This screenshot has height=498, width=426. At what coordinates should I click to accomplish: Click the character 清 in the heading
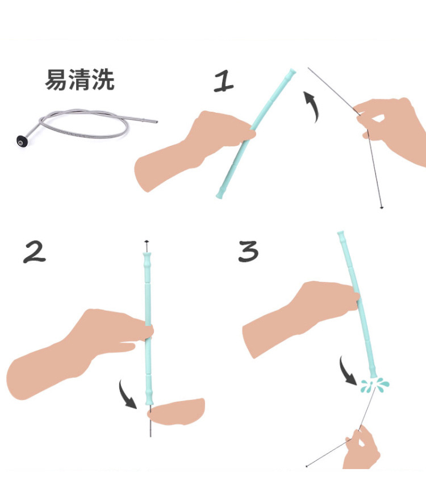[80, 81]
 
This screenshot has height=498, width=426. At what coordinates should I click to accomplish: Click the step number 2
[35, 252]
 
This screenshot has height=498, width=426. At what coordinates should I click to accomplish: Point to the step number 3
[248, 251]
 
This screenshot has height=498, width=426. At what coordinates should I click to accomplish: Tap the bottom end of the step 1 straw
[220, 196]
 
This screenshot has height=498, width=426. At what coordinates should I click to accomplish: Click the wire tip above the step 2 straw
[147, 242]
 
